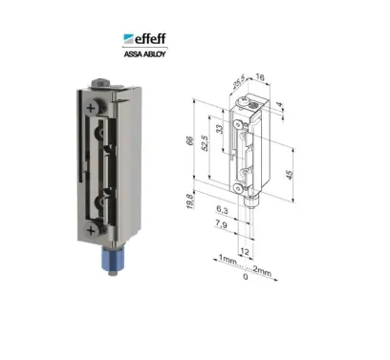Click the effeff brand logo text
(x=150, y=38)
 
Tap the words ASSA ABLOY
(x=144, y=53)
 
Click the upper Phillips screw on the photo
(x=91, y=108)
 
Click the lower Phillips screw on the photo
(x=91, y=230)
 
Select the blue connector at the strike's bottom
(x=110, y=259)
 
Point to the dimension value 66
(x=190, y=140)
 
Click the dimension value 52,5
(x=205, y=143)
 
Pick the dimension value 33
(x=220, y=129)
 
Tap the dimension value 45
(x=290, y=175)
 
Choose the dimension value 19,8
(x=189, y=201)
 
